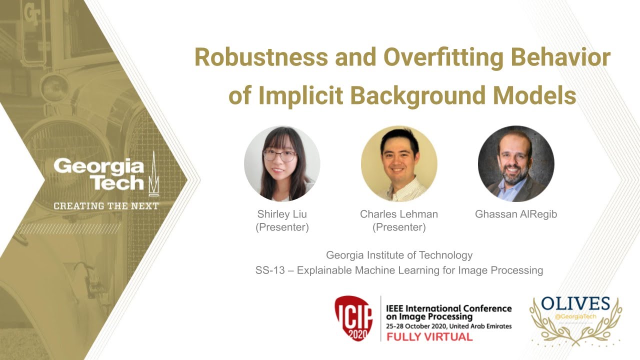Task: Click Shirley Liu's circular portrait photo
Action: pyautogui.click(x=282, y=163)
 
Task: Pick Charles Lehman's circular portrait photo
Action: pyautogui.click(x=399, y=163)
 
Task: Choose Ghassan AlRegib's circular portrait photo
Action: pyautogui.click(x=516, y=163)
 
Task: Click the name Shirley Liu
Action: pyautogui.click(x=282, y=214)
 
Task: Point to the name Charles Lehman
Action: pyautogui.click(x=399, y=214)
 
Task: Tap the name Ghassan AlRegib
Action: pyautogui.click(x=516, y=214)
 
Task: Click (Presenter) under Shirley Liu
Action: pyautogui.click(x=282, y=227)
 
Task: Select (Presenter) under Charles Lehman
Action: pyautogui.click(x=399, y=227)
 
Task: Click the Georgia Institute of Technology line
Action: pyautogui.click(x=399, y=255)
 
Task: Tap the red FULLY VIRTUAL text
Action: pyautogui.click(x=429, y=336)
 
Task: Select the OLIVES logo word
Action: pyautogui.click(x=575, y=303)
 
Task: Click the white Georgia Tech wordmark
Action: pyautogui.click(x=99, y=174)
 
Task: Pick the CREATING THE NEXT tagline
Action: pyautogui.click(x=106, y=206)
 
